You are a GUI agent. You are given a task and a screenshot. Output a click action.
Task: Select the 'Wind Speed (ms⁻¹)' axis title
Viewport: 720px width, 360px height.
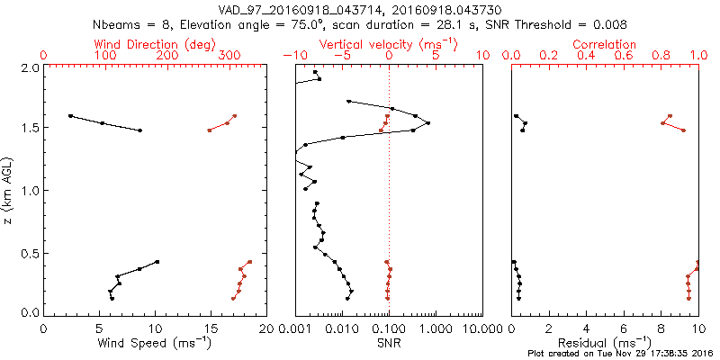pos(155,342)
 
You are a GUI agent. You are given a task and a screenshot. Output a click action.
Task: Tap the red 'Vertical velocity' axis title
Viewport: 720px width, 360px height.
pos(389,44)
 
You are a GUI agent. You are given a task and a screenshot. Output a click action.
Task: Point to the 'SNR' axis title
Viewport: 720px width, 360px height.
pos(389,342)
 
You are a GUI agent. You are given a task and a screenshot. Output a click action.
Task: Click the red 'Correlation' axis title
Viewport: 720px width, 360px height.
pos(605,44)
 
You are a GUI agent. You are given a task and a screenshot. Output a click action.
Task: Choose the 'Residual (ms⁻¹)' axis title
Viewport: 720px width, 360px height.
pos(605,342)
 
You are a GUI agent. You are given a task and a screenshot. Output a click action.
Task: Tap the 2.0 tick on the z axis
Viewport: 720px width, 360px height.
pos(29,67)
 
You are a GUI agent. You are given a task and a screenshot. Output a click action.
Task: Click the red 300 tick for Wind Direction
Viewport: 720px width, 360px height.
pos(229,56)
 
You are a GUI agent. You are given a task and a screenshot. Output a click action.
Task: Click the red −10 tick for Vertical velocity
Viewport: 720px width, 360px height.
pos(292,56)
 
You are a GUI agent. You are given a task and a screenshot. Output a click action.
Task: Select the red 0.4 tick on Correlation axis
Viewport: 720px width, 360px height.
pos(586,56)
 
